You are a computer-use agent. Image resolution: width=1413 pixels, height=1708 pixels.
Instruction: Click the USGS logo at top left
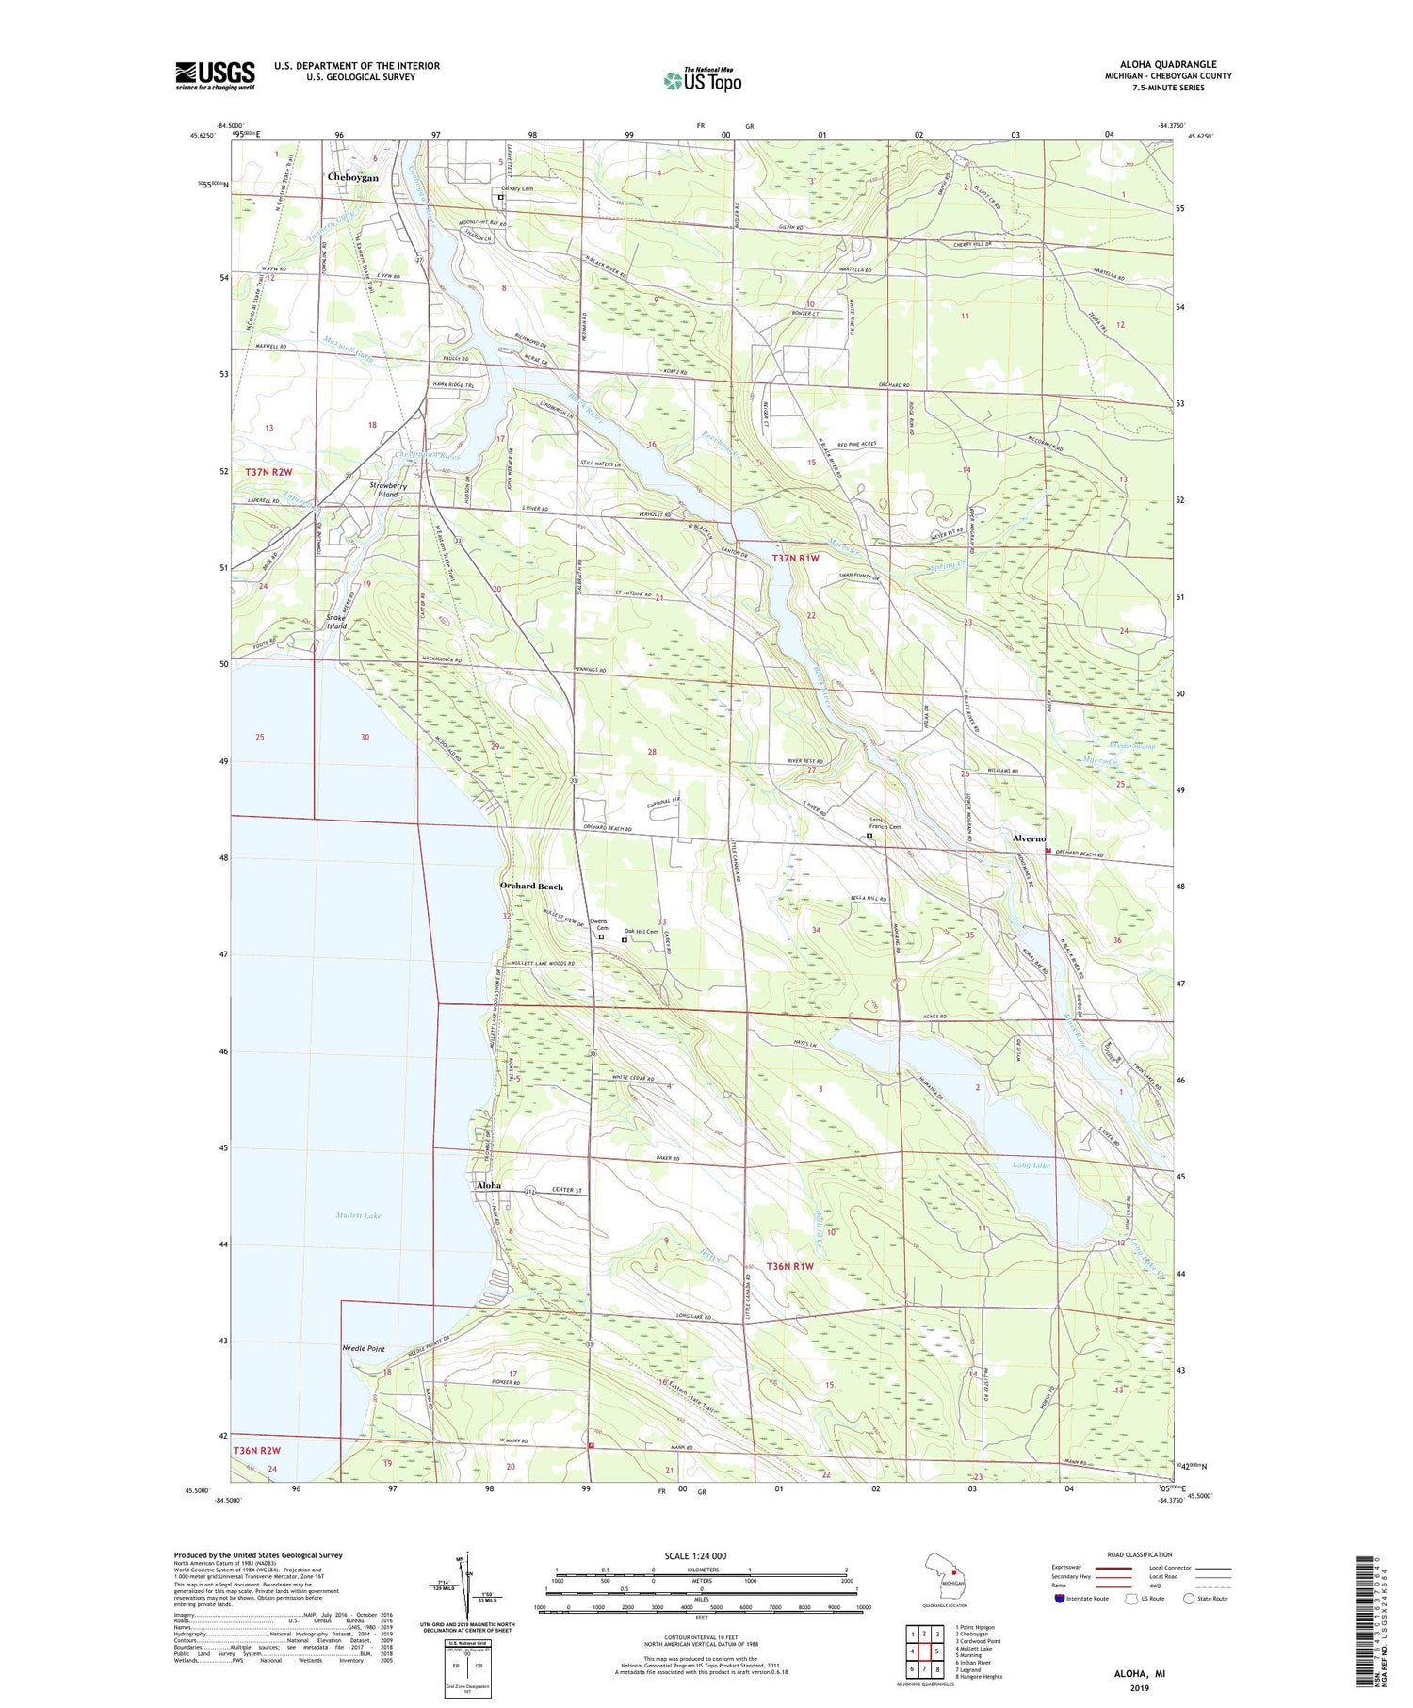(x=215, y=75)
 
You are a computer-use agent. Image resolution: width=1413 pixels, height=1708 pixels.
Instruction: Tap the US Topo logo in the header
(x=702, y=81)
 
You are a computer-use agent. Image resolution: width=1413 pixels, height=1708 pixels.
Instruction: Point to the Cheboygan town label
(x=353, y=177)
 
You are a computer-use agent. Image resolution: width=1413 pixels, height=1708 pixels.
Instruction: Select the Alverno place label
(x=1029, y=838)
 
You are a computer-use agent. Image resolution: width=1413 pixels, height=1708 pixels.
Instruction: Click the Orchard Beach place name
(x=531, y=886)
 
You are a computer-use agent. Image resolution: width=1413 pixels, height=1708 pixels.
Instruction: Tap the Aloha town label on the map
(x=489, y=1185)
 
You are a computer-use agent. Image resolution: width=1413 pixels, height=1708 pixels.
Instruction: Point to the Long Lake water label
(x=1031, y=1165)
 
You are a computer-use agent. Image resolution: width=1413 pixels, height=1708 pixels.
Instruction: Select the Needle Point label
(x=363, y=1349)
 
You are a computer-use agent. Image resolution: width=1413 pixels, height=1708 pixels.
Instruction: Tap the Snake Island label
(x=336, y=622)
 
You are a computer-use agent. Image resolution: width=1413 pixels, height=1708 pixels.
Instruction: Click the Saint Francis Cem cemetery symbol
(x=869, y=836)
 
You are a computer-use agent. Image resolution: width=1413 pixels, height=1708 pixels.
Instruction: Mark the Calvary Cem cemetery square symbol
(x=501, y=198)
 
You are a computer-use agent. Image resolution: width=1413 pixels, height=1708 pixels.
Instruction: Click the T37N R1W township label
(x=796, y=558)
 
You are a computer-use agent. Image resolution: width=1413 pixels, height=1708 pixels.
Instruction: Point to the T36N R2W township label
(x=256, y=1453)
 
